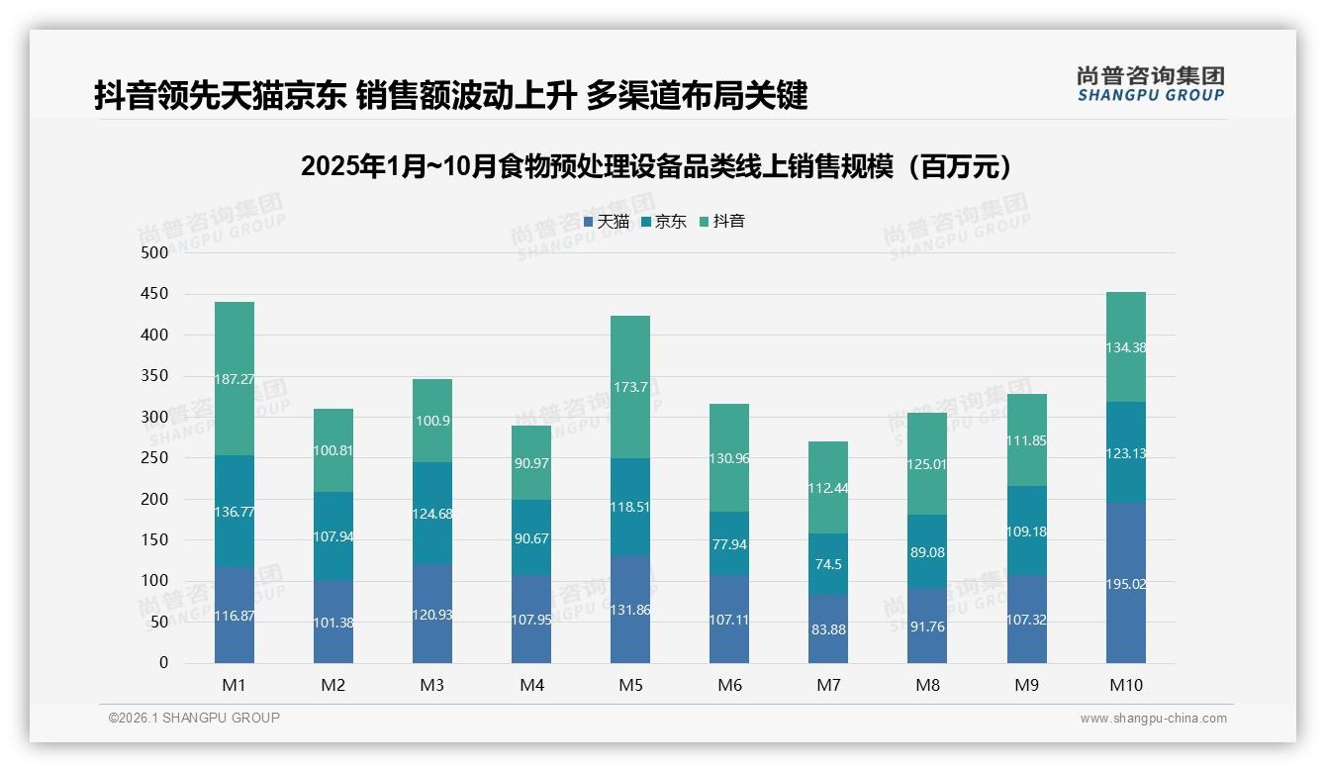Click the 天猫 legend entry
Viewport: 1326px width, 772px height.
click(607, 222)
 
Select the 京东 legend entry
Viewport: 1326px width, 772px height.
click(664, 222)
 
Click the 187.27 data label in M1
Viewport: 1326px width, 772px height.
click(235, 379)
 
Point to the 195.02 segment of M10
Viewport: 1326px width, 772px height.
click(1126, 584)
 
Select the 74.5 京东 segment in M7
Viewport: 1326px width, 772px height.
click(828, 564)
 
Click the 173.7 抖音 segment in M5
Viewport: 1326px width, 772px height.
click(630, 387)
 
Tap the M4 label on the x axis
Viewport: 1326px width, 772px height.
click(531, 685)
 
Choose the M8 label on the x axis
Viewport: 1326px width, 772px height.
click(927, 685)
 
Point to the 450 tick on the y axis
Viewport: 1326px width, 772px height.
click(155, 294)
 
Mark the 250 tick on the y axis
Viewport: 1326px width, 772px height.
click(155, 458)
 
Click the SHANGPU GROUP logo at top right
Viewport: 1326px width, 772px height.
click(1150, 84)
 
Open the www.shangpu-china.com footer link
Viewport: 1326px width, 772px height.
click(1153, 719)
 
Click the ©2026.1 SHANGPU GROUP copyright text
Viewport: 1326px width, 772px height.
click(194, 718)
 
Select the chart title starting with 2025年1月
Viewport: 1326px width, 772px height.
click(660, 166)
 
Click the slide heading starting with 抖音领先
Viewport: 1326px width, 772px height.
click(451, 95)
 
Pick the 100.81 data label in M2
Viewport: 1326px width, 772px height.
click(333, 450)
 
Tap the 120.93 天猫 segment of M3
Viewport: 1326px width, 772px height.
click(432, 615)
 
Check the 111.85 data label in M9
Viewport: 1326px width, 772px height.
click(1027, 440)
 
